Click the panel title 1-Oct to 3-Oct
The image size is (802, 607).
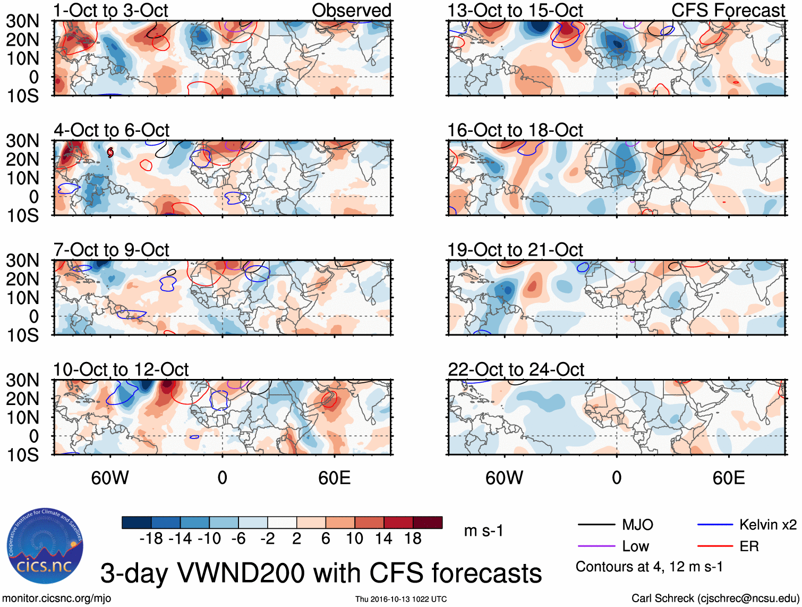[110, 10]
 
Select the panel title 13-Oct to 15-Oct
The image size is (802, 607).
[515, 10]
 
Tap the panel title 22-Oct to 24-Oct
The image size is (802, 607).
[516, 369]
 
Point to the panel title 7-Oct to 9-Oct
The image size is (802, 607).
[111, 250]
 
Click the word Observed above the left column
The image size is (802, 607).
[351, 10]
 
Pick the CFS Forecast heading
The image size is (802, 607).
[728, 10]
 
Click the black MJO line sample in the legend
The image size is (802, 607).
[596, 525]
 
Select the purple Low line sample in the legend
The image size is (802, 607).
[596, 546]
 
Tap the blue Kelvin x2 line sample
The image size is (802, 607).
[715, 525]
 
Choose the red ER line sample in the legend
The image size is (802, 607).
[715, 546]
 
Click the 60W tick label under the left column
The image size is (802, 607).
[110, 478]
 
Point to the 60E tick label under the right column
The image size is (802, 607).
[728, 478]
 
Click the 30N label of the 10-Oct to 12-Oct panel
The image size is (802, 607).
[22, 381]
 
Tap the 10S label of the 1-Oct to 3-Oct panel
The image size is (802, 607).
[22, 96]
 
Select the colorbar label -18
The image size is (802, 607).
[151, 539]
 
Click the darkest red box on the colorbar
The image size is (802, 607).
[428, 522]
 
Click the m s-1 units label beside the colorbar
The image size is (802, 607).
[483, 531]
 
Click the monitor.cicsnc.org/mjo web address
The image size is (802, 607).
[57, 598]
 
